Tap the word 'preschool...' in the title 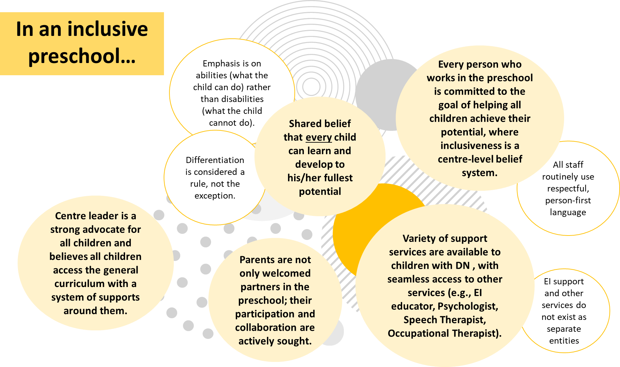pos(82,56)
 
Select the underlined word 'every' pos(318,137)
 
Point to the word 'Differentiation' pos(215,160)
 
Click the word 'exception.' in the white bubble pos(215,196)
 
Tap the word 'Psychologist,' pos(468,306)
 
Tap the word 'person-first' pos(568,201)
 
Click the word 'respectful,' pos(568,189)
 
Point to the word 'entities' pos(564,341)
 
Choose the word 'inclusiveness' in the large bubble pos(476,146)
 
